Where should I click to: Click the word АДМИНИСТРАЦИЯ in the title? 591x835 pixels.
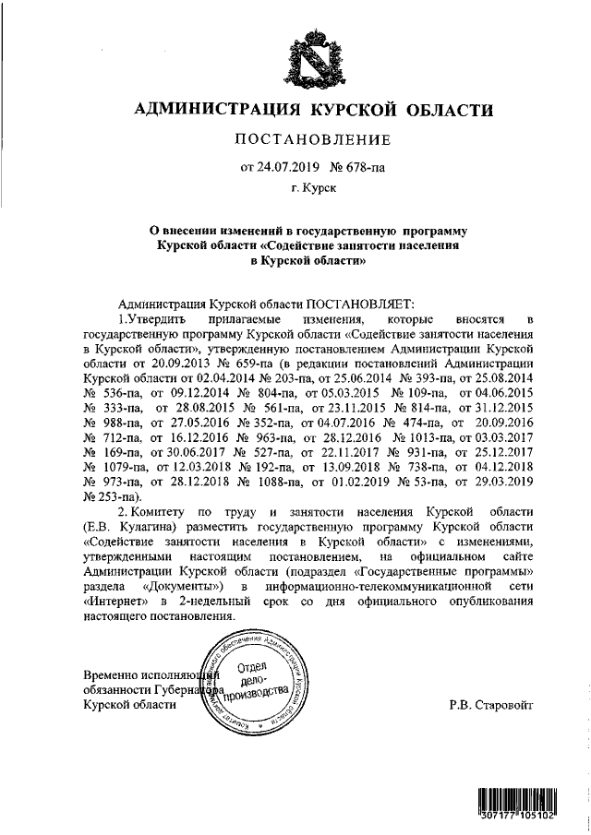click(x=214, y=111)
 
